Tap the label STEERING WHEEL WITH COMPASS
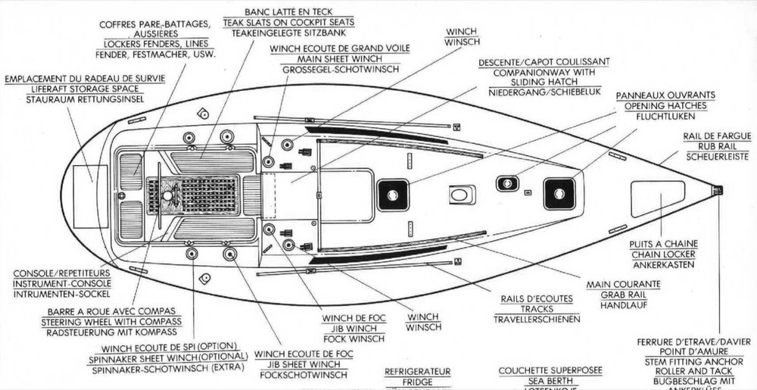(111, 321)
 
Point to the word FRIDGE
(418, 382)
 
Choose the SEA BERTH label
(550, 382)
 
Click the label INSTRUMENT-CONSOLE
(63, 282)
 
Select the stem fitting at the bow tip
(717, 191)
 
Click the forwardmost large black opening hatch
(559, 193)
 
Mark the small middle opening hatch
(506, 183)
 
